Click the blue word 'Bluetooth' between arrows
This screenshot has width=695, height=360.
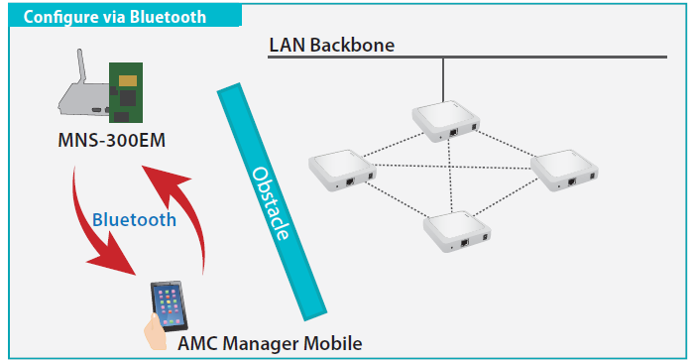coord(134,219)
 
